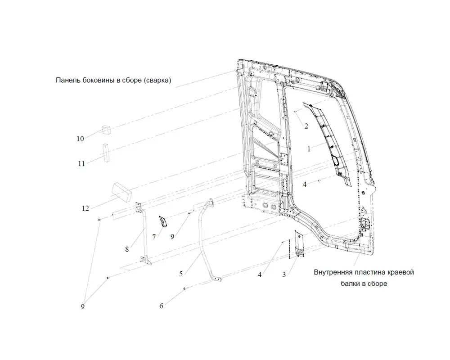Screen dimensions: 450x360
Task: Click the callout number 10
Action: (x=80, y=139)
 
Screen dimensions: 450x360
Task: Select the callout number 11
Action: (x=81, y=164)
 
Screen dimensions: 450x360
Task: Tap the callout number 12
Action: (x=85, y=208)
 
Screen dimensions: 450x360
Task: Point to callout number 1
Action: (x=309, y=149)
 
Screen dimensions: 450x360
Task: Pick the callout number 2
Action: (x=306, y=126)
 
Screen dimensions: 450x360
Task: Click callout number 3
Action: (x=284, y=275)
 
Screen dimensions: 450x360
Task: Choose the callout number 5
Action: (x=181, y=274)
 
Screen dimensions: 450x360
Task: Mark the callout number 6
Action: (x=161, y=306)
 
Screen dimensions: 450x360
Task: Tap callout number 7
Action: (x=154, y=237)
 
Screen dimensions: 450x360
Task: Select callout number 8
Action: (x=127, y=249)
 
